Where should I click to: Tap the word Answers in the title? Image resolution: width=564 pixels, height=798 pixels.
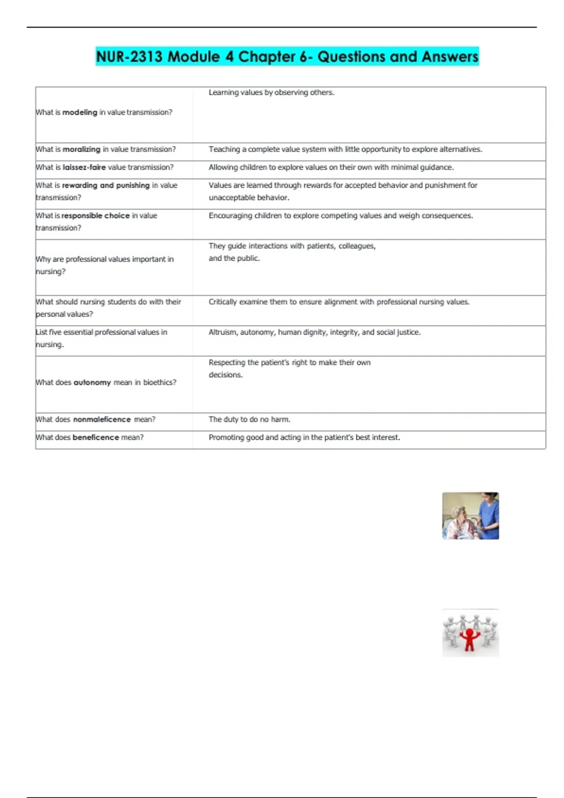[x=450, y=57]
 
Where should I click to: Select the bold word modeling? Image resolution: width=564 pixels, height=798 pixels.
[x=79, y=113]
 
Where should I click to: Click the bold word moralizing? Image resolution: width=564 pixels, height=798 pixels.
[x=81, y=149]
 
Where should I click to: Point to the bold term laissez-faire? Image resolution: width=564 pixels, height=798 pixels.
[x=84, y=167]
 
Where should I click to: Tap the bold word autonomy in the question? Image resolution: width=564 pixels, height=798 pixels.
[x=92, y=383]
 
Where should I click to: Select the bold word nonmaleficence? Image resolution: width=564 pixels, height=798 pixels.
[x=102, y=419]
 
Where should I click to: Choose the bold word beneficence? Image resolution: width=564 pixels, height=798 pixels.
[x=95, y=437]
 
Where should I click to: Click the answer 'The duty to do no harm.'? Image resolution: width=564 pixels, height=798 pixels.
[x=249, y=419]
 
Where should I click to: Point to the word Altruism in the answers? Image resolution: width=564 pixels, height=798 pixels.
[x=223, y=332]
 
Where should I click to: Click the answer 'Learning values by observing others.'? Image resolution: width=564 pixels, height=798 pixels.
[x=271, y=92]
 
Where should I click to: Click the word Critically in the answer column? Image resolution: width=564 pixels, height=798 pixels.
[x=222, y=302]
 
